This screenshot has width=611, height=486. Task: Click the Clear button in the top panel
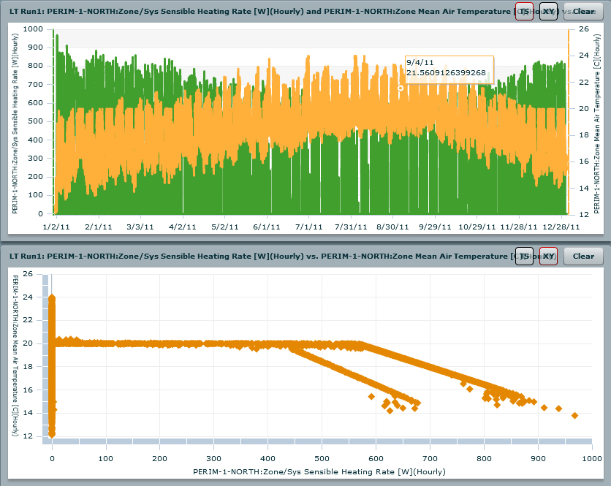583,12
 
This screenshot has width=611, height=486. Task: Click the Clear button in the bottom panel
583,256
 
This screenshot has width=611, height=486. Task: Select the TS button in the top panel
524,12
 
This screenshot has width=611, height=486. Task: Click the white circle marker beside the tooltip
401,88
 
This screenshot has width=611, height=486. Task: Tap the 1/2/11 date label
56,227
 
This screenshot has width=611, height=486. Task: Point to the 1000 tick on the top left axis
33,29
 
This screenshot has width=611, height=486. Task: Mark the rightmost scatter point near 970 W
574,415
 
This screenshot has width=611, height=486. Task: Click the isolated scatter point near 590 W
371,396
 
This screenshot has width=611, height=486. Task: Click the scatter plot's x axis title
319,472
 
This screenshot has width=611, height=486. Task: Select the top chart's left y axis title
15,121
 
